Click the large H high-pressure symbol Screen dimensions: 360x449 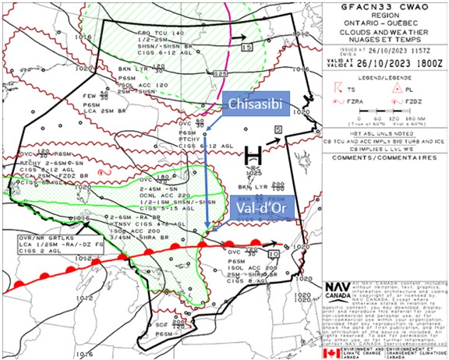pos(252,155)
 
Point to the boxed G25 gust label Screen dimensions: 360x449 pos(220,73)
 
